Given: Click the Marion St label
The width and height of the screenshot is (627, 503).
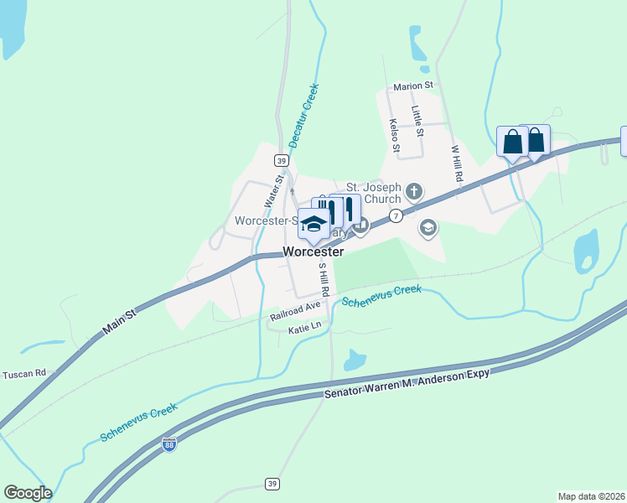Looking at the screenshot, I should click(413, 86).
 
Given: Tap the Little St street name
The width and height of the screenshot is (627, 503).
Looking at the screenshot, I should click(417, 122).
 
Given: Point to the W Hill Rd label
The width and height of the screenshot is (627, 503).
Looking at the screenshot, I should click(457, 163).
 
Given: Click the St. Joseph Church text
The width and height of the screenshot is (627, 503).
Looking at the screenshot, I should click(374, 194).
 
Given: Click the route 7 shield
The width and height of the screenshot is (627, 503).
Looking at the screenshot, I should click(396, 216).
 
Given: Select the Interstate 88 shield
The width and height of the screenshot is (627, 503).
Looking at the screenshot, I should click(169, 445).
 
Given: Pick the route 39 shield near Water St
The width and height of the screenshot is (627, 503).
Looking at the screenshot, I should click(281, 161).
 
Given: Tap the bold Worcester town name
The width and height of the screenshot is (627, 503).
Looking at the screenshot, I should click(313, 251).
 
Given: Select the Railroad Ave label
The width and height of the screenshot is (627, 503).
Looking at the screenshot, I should click(296, 311).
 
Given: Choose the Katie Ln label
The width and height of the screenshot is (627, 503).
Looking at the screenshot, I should click(304, 330).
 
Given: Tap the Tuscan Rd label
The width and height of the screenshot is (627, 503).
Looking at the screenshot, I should click(23, 373).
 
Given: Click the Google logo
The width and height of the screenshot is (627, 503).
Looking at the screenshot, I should click(28, 493).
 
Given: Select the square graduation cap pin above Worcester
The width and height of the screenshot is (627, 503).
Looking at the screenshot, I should click(314, 224).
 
